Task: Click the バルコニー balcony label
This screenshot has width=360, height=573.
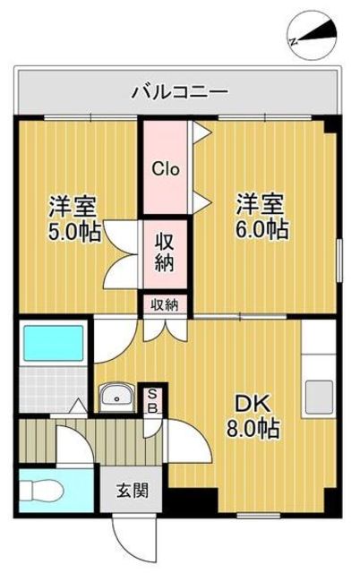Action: click(179, 91)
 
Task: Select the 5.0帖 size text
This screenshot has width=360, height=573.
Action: click(74, 230)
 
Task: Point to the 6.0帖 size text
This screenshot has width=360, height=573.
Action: click(262, 228)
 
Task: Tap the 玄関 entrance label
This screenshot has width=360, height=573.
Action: click(132, 491)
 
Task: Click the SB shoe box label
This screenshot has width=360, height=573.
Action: click(152, 400)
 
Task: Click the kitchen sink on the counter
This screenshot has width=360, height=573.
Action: click(319, 394)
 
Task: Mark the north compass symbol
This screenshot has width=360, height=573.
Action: click(313, 35)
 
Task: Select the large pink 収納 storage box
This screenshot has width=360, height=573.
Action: click(166, 252)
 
